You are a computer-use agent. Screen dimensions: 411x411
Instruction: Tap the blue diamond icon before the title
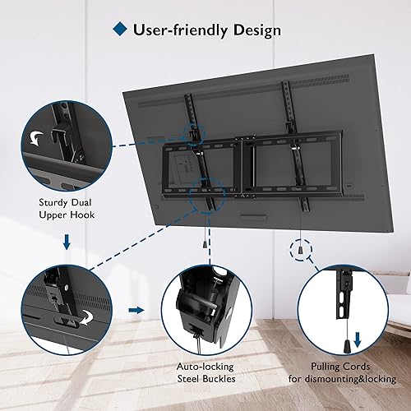coord(119,30)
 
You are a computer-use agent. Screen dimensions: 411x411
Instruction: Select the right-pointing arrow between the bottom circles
coord(136,312)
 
